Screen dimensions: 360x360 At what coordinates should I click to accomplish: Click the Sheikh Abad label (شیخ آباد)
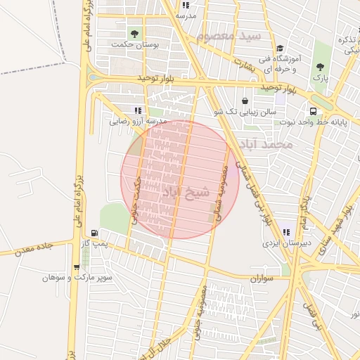(x=187, y=191)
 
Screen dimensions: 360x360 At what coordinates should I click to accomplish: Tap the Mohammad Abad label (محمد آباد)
(x=264, y=145)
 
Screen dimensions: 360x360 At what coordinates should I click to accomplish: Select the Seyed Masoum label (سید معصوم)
(x=229, y=35)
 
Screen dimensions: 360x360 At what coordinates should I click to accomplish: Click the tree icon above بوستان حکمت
(x=134, y=32)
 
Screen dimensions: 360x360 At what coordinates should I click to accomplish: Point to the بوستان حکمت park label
(x=136, y=44)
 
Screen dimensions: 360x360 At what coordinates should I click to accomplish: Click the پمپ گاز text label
(x=94, y=243)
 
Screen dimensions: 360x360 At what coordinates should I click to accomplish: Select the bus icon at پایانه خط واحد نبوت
(x=312, y=110)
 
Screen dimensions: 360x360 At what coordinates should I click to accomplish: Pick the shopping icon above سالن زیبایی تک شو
(x=245, y=101)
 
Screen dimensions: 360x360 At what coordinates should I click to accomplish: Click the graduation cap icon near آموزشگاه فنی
(x=279, y=48)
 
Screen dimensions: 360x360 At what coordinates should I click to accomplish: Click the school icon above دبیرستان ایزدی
(x=285, y=231)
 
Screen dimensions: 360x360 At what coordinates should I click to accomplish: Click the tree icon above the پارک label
(x=320, y=66)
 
